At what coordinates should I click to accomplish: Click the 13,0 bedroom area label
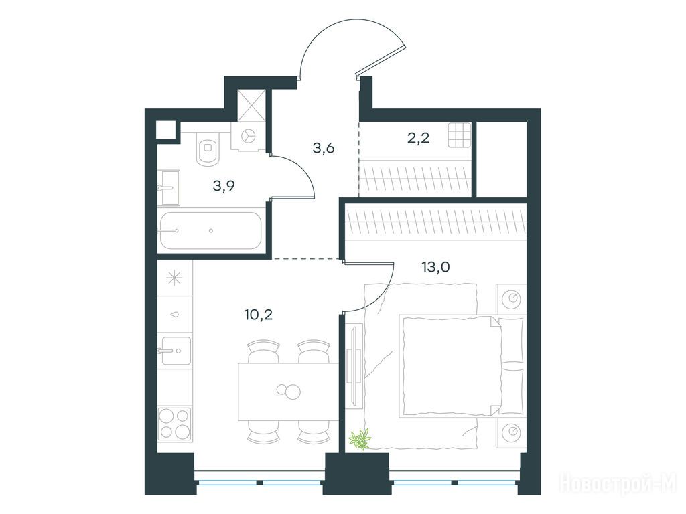(435, 266)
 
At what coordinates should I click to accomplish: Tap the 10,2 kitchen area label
(259, 315)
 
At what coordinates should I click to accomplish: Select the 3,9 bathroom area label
(224, 186)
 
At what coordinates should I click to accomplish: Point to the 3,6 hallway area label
(324, 148)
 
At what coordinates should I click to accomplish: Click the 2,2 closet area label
(418, 138)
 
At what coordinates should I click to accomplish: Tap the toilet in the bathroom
(208, 149)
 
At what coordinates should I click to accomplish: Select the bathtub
(211, 230)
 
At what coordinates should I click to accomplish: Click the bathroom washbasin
(168, 188)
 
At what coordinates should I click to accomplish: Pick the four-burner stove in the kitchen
(175, 424)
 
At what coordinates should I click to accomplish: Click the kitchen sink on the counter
(176, 351)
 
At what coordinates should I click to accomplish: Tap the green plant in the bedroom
(360, 438)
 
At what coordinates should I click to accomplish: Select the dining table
(288, 392)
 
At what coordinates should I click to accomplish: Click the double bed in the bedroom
(462, 366)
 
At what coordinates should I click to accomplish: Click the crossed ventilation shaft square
(252, 106)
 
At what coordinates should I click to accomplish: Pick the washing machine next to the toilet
(249, 136)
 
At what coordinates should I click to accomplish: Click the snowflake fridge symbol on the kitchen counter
(175, 278)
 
